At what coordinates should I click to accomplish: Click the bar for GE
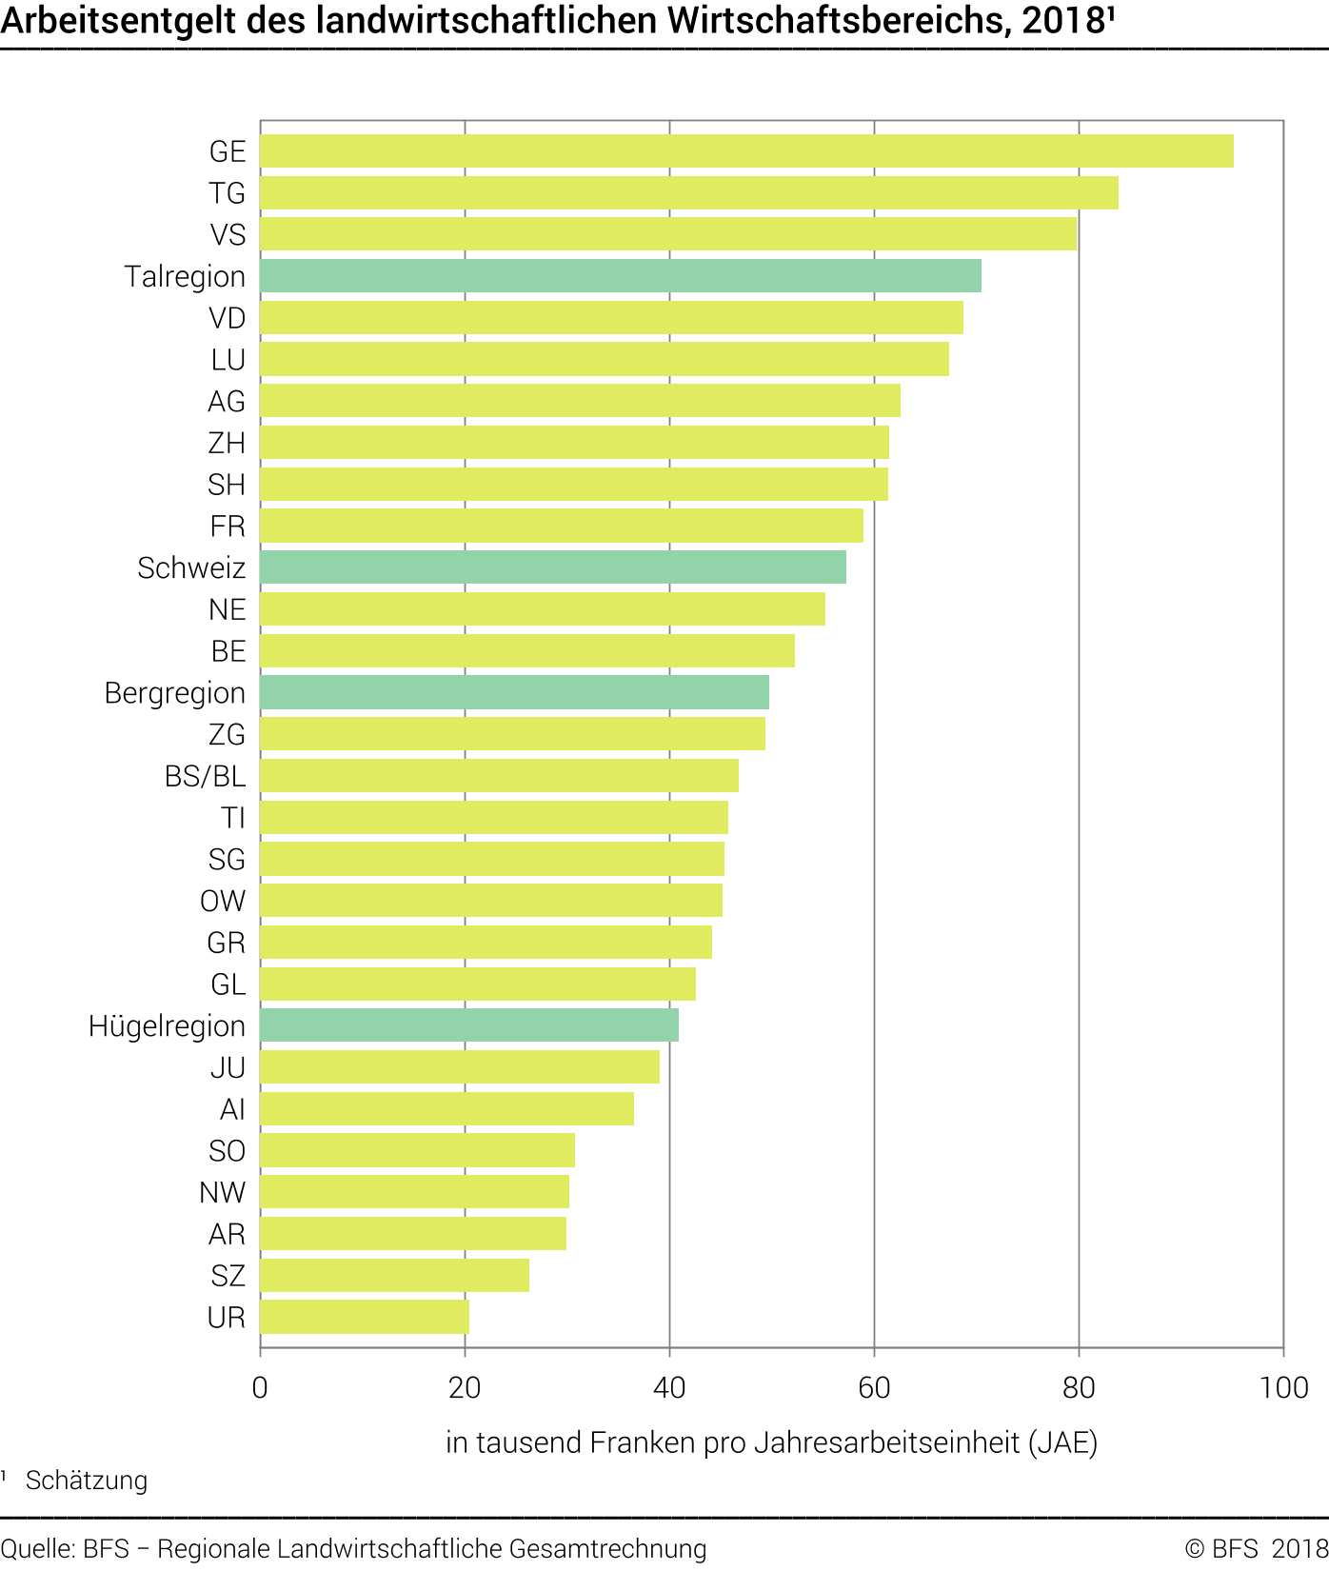click(746, 151)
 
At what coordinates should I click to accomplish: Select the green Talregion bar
click(621, 276)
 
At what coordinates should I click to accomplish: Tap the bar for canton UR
click(365, 1317)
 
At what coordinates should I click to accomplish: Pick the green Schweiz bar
click(553, 567)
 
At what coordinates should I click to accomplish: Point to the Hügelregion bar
click(469, 1025)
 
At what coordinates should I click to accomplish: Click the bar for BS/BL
click(499, 776)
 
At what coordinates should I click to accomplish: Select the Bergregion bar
click(514, 692)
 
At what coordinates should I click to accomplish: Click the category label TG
click(228, 193)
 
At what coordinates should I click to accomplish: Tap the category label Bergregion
click(175, 693)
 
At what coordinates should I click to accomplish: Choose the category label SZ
click(228, 1276)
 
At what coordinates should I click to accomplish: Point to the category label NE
click(228, 609)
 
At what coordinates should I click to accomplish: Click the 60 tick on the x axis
click(874, 1387)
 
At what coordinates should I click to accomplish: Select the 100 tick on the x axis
click(1283, 1387)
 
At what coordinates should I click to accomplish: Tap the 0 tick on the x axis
click(260, 1387)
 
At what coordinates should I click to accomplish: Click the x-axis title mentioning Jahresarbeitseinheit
click(771, 1442)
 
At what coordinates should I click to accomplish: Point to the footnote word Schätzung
click(87, 1481)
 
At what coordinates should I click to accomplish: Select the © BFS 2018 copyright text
click(1256, 1549)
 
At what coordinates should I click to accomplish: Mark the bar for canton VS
click(668, 234)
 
